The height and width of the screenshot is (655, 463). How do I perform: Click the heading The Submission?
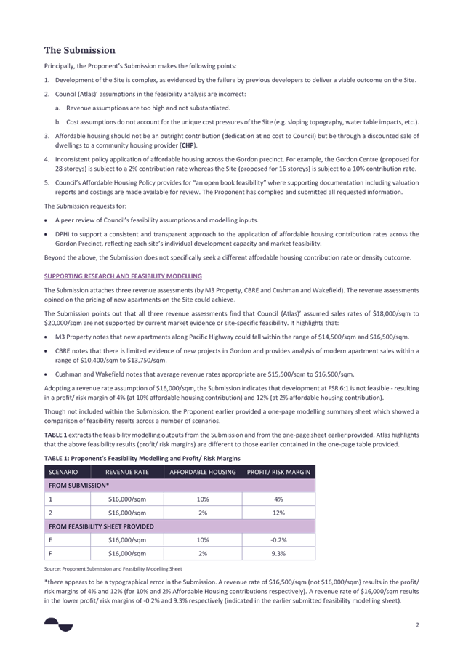pos(80,50)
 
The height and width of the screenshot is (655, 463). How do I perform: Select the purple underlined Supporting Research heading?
pos(123,276)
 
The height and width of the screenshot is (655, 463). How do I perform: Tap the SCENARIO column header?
pos(63,472)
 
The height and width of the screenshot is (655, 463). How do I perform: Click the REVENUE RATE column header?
pos(127,472)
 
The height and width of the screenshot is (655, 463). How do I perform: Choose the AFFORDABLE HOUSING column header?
pos(203,472)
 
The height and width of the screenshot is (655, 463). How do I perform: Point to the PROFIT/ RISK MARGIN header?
pos(278,472)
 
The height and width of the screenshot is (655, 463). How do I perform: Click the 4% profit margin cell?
pos(278,499)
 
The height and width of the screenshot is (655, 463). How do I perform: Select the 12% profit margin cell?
pos(278,513)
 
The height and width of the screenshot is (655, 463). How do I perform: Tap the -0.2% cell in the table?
pos(278,539)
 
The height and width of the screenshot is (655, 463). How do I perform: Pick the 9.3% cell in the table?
pos(278,553)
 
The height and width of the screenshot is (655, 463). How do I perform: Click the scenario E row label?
pos(51,539)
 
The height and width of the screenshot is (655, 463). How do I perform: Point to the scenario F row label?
pos(51,553)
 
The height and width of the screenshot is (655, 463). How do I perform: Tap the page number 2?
pos(417,625)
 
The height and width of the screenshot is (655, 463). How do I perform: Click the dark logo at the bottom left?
pos(58,624)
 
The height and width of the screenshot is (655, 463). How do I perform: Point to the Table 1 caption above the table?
pos(142,458)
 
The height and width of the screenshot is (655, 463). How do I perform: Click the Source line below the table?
pos(113,568)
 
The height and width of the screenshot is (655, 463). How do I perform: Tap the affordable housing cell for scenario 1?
pos(203,499)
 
